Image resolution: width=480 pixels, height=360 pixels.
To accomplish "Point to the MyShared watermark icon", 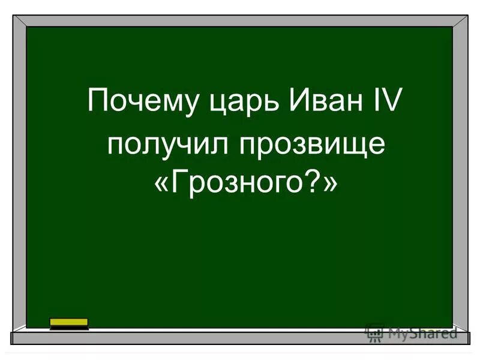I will click(374, 332).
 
